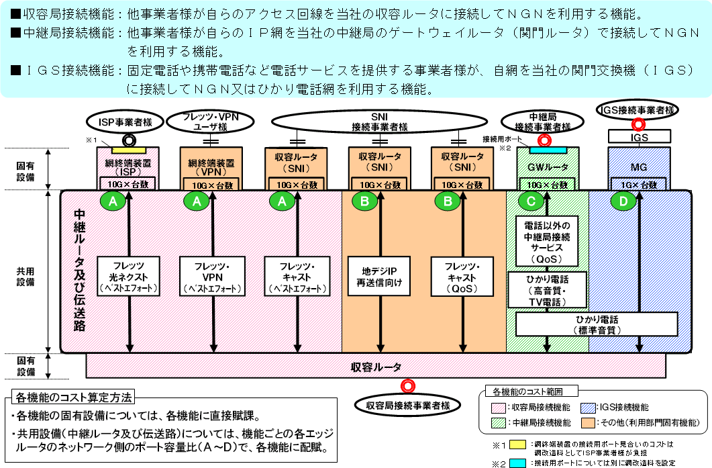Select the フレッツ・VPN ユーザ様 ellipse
point(211,122)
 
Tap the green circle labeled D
point(623,201)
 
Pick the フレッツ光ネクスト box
point(127,275)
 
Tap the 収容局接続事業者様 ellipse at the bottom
point(407,405)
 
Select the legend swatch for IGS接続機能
point(590,407)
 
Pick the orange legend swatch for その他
point(590,422)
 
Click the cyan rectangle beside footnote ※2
point(518,463)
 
